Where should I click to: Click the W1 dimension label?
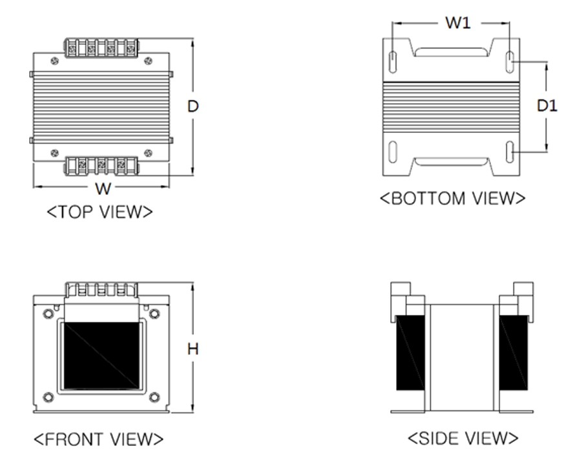[x=458, y=23]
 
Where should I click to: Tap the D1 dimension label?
[x=547, y=106]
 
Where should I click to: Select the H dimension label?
[x=193, y=349]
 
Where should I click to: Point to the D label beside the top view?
[x=193, y=106]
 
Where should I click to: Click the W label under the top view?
[x=103, y=188]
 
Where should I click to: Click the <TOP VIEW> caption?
[x=99, y=212]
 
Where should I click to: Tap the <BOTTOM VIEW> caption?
[x=452, y=198]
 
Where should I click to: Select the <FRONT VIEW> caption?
[x=98, y=439]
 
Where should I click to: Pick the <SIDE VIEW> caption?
[x=463, y=438]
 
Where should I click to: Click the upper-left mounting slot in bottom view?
[x=393, y=62]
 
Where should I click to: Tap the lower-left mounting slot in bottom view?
[x=393, y=152]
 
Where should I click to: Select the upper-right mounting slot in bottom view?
[x=510, y=62]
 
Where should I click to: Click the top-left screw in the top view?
[x=55, y=61]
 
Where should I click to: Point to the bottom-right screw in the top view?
[x=148, y=153]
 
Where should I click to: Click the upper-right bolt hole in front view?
[x=154, y=314]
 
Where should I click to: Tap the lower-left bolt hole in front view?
[x=48, y=397]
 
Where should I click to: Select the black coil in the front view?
[x=101, y=356]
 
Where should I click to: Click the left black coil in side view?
[x=410, y=352]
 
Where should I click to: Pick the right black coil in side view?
[x=514, y=352]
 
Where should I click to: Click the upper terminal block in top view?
[x=101, y=48]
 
